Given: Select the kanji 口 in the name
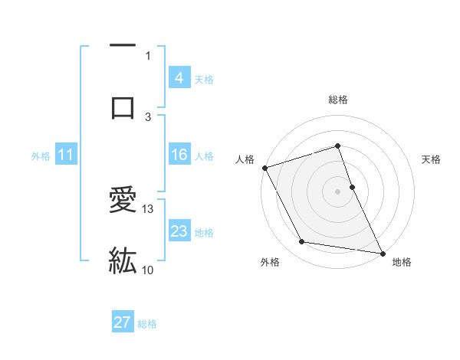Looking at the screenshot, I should [x=123, y=106].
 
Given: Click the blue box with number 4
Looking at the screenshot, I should [x=179, y=77].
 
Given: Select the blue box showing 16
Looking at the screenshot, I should [x=179, y=155].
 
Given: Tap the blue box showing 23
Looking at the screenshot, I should [x=179, y=231].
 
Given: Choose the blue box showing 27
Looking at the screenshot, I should [x=123, y=322].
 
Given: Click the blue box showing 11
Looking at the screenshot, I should [x=66, y=155].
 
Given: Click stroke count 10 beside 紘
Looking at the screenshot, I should [x=148, y=270].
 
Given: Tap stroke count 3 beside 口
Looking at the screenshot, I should [x=148, y=116].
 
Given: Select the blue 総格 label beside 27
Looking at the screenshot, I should [x=147, y=324].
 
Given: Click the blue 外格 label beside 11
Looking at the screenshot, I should [x=41, y=155].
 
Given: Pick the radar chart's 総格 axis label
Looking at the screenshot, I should [x=337, y=100].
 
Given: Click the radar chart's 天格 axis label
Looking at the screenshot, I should [x=431, y=159].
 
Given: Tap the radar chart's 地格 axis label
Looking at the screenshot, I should [x=402, y=262].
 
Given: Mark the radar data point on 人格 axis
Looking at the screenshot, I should [x=264, y=167].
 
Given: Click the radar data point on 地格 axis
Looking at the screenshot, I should [x=381, y=252].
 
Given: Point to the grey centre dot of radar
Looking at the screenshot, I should [x=337, y=191].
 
